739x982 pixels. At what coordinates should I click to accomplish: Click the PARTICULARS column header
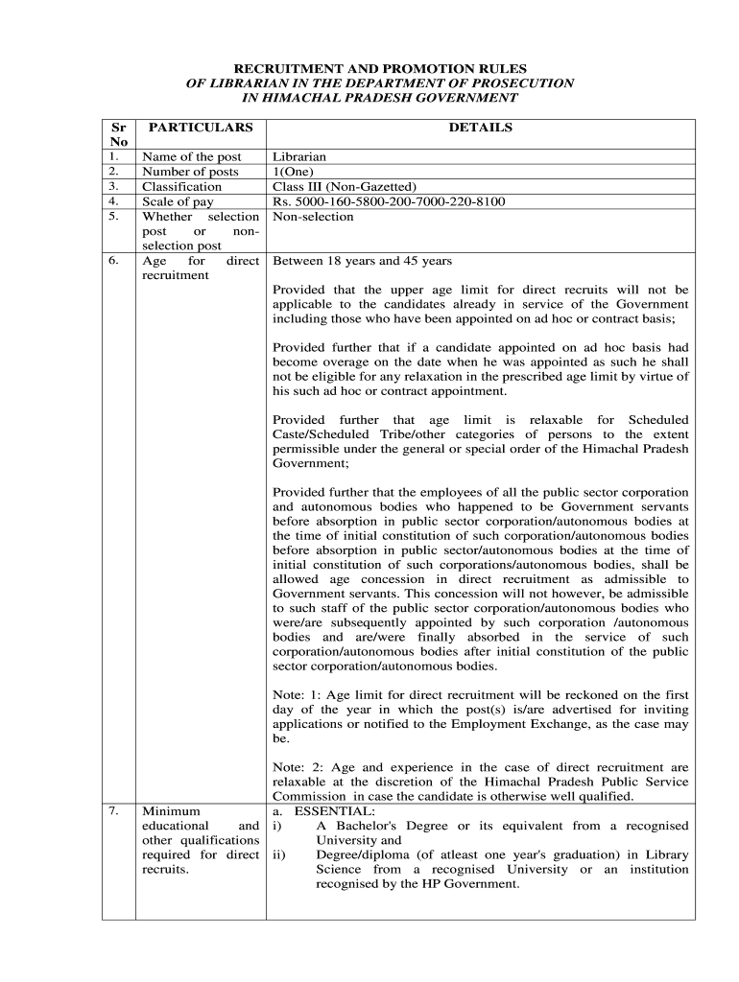(x=201, y=128)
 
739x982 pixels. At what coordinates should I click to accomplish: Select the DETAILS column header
(x=481, y=128)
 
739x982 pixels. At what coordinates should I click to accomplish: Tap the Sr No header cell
(x=118, y=134)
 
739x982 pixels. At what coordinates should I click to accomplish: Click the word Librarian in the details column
(x=299, y=157)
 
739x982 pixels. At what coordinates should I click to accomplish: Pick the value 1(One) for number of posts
(x=297, y=172)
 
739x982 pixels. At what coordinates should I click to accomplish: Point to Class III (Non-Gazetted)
(x=345, y=187)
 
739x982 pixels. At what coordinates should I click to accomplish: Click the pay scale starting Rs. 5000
(x=389, y=201)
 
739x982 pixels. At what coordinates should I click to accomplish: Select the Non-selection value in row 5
(x=313, y=217)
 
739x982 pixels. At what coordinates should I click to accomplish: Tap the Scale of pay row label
(x=178, y=201)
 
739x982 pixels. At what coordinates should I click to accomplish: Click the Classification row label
(x=181, y=187)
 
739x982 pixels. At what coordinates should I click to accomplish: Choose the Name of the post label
(x=192, y=157)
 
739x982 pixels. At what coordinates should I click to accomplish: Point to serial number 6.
(x=113, y=261)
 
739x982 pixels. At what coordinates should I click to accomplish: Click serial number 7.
(x=113, y=811)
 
